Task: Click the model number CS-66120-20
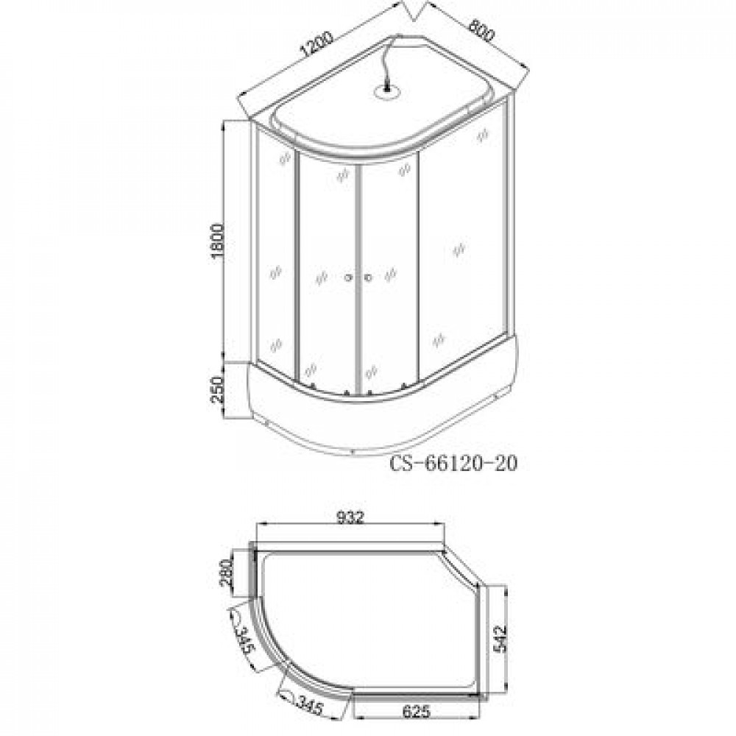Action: pyautogui.click(x=453, y=464)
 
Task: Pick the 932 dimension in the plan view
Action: pyautogui.click(x=350, y=517)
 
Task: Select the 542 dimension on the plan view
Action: pyautogui.click(x=500, y=637)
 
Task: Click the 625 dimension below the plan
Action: pyautogui.click(x=416, y=711)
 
